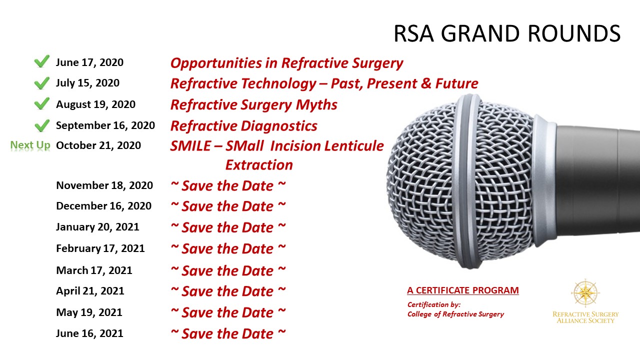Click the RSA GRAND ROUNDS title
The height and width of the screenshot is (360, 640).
point(507,33)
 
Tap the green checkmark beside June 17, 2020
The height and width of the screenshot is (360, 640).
point(41,61)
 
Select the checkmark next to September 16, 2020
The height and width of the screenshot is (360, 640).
point(41,125)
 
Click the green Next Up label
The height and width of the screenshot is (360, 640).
point(30,145)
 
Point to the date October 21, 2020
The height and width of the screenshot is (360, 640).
point(98,145)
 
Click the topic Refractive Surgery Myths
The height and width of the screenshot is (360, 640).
point(253,105)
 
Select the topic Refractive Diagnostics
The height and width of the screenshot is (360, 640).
point(243,126)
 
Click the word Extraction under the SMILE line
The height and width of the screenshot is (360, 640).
point(259,165)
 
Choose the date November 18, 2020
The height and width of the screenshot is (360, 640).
point(104,185)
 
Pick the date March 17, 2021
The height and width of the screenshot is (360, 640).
point(94,270)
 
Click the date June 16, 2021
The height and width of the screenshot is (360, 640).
point(89,333)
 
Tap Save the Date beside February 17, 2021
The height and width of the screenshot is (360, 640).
point(228,249)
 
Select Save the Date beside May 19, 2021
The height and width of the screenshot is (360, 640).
point(228,312)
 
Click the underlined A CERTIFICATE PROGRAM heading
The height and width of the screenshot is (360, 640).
point(463,290)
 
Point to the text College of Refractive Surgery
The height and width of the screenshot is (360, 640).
point(455,314)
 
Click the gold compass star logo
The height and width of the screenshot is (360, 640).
point(585,293)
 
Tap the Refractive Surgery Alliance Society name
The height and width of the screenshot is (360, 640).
point(585,317)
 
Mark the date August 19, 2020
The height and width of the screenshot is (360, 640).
point(95,105)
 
